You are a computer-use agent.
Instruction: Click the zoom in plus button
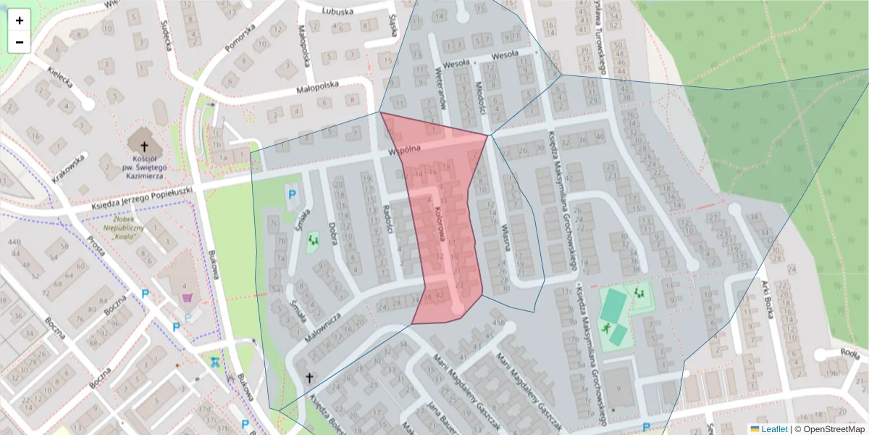[x=20, y=21]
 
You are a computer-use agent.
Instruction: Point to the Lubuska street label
[x=338, y=11]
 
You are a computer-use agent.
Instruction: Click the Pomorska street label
[x=240, y=38]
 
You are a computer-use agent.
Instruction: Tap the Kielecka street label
[x=61, y=78]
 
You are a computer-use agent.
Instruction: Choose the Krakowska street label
[x=70, y=168]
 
